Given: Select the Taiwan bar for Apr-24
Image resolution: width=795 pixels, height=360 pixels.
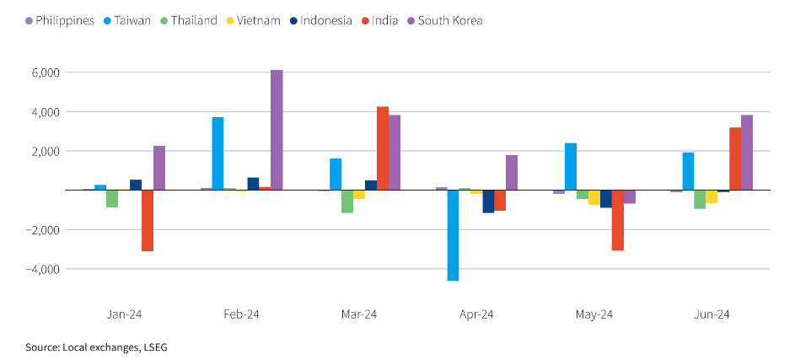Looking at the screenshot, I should (453, 235).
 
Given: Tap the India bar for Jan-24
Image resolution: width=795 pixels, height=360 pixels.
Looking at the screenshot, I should (148, 220).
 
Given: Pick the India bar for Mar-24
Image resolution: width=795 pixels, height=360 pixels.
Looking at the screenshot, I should (383, 148).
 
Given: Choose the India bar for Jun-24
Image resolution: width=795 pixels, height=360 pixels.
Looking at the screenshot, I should (735, 159).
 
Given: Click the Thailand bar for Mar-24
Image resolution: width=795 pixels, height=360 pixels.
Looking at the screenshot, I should (347, 201).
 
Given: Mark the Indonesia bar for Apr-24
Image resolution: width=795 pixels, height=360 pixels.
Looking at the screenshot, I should (488, 201).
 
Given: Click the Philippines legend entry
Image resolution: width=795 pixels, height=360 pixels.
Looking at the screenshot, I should (59, 20).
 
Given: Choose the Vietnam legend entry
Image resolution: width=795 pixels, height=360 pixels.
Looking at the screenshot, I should (255, 20).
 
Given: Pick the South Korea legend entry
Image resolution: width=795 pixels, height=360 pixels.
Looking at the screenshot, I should (449, 20).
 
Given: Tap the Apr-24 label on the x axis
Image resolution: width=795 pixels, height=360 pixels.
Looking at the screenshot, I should (476, 314).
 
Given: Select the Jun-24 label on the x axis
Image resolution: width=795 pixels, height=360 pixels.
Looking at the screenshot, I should (712, 314).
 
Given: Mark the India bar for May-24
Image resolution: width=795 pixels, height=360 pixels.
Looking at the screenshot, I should (617, 220).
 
